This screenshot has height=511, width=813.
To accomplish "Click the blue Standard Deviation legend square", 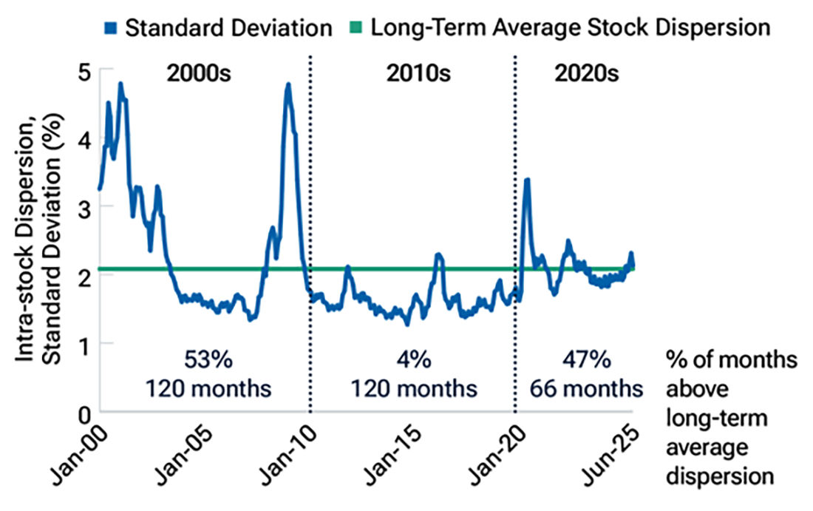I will (x=111, y=29).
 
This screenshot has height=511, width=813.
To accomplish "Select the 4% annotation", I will (x=412, y=362).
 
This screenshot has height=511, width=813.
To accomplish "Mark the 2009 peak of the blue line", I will (x=288, y=85).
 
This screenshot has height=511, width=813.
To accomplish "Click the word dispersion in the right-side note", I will (x=720, y=475).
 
